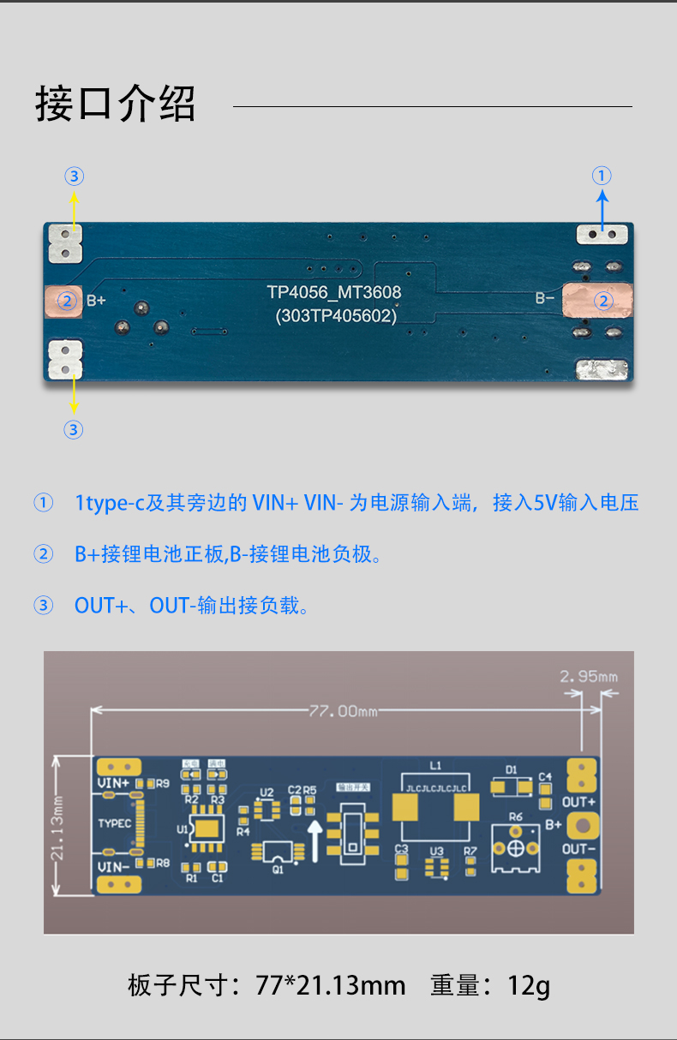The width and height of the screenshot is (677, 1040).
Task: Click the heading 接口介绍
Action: pyautogui.click(x=116, y=104)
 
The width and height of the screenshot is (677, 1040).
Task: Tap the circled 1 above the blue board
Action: pyautogui.click(x=602, y=176)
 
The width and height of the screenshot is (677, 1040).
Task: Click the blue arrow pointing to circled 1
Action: pyautogui.click(x=602, y=209)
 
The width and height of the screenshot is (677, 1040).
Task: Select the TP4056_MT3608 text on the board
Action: pyautogui.click(x=333, y=292)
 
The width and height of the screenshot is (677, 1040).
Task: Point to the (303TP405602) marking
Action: pyautogui.click(x=336, y=315)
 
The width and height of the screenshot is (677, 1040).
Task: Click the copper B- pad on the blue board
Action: pyautogui.click(x=599, y=301)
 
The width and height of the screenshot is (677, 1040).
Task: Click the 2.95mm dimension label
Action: pyautogui.click(x=588, y=677)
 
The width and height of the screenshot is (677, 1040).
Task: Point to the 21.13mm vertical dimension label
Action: pyautogui.click(x=57, y=827)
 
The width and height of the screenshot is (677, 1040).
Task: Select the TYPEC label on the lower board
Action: pyautogui.click(x=115, y=823)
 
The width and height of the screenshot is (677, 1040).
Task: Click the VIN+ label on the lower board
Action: pyautogui.click(x=114, y=783)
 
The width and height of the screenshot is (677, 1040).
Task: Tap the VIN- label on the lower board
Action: pyautogui.click(x=114, y=866)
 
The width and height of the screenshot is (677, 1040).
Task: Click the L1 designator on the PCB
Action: pyautogui.click(x=435, y=765)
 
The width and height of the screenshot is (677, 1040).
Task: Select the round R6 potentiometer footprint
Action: pyautogui.click(x=516, y=847)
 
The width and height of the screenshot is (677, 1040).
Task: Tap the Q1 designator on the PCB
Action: pyautogui.click(x=278, y=869)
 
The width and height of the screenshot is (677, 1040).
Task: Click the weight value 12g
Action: pyautogui.click(x=529, y=984)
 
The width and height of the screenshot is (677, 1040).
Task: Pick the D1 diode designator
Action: pyautogui.click(x=512, y=769)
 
